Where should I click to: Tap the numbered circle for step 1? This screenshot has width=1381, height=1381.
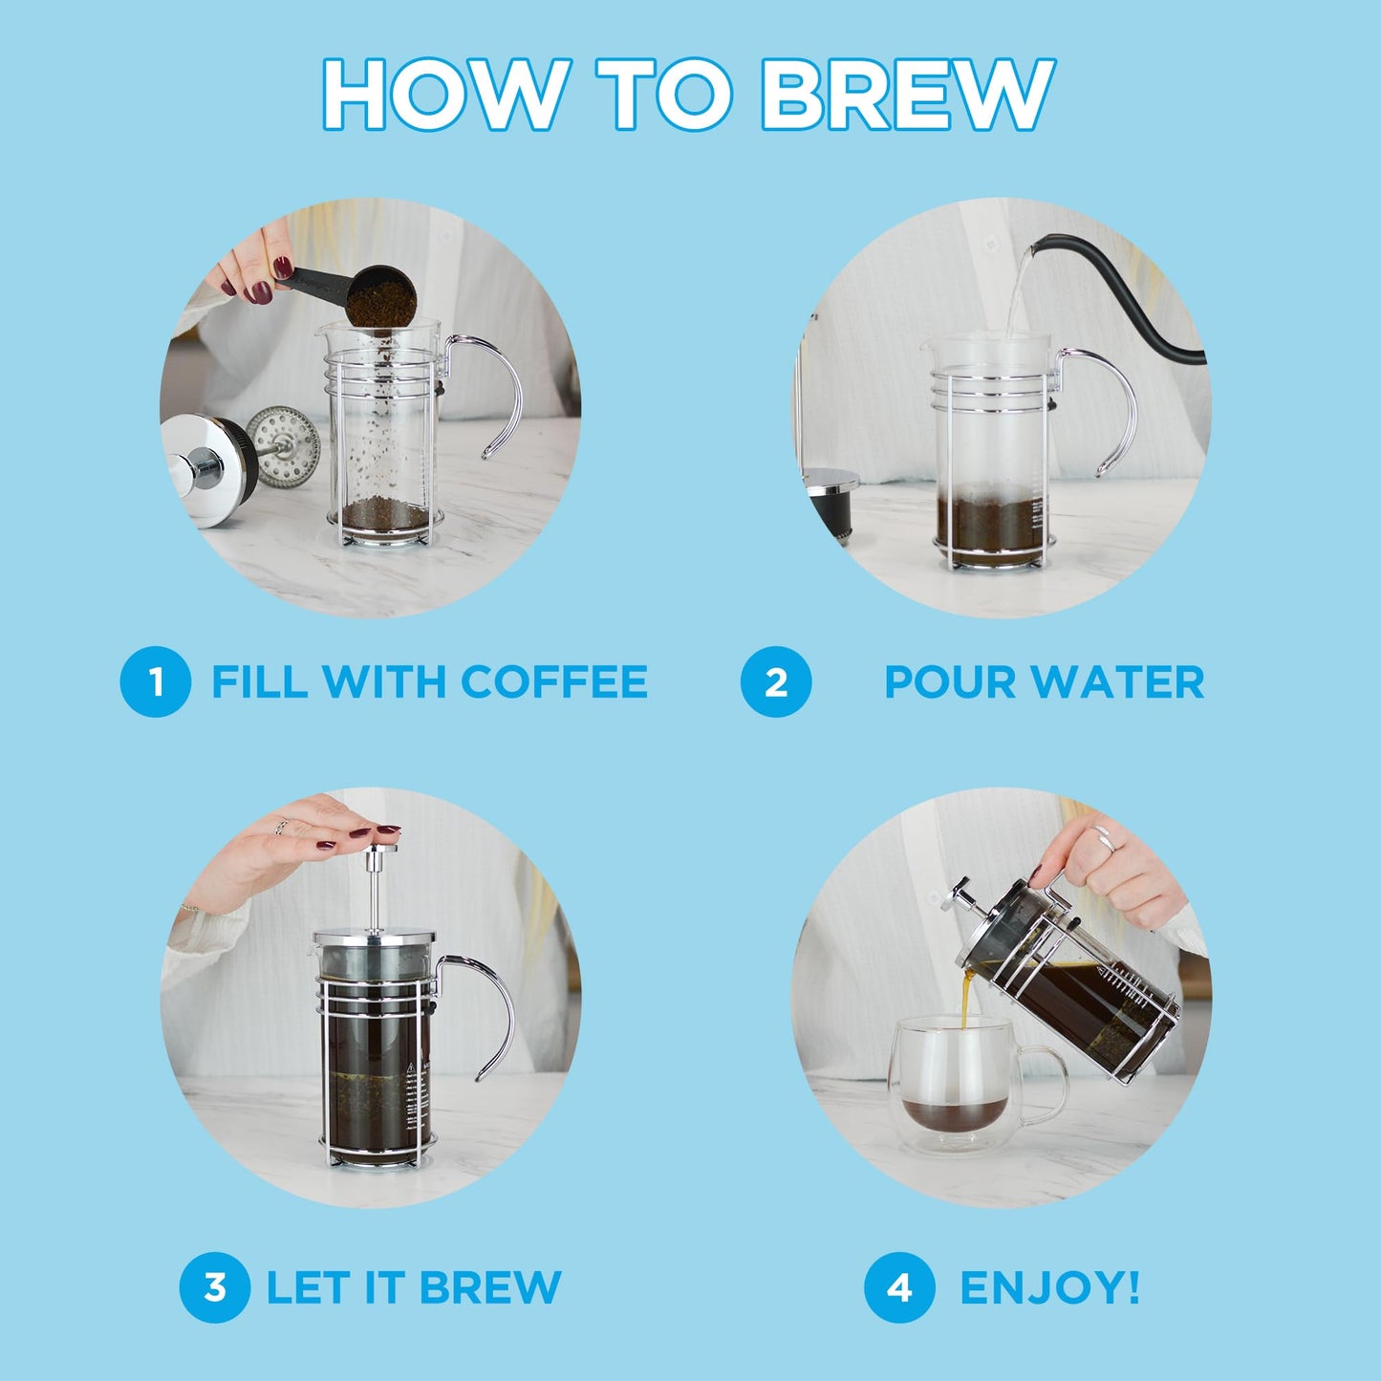[x=155, y=681]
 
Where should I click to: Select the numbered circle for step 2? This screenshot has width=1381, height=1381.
[x=775, y=681]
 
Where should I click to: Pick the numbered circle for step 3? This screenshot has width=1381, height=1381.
[x=215, y=1286]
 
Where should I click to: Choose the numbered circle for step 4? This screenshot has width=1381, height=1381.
[x=898, y=1286]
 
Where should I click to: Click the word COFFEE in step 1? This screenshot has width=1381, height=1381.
[x=553, y=681]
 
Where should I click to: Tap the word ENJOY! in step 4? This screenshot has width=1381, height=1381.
[x=1049, y=1286]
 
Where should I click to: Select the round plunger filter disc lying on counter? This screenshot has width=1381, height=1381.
[x=284, y=437]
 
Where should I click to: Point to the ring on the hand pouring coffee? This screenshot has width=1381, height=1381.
[x=1106, y=838]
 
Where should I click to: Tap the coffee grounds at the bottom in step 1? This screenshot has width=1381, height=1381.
[x=386, y=516]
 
